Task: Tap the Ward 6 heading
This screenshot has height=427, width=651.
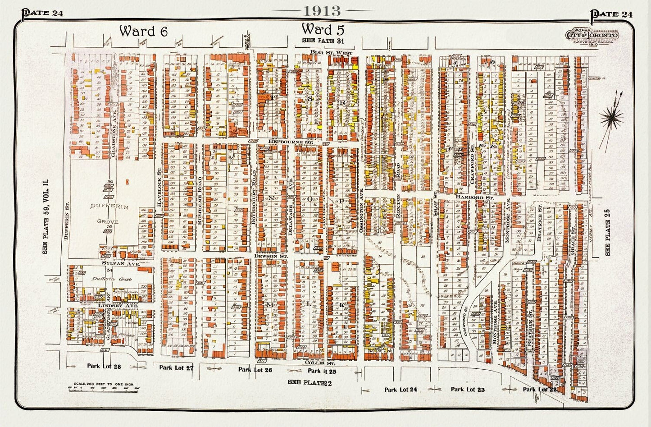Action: click(x=143, y=31)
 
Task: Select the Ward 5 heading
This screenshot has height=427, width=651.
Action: click(x=323, y=29)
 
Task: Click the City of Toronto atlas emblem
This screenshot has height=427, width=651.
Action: click(x=592, y=37)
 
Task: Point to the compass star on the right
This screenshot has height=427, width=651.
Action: click(x=611, y=118)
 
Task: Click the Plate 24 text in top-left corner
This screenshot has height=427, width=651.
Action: click(x=43, y=13)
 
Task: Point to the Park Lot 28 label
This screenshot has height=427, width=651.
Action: click(x=104, y=367)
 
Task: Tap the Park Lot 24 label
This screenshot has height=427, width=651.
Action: click(x=401, y=390)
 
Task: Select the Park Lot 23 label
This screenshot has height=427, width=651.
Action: click(x=468, y=390)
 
